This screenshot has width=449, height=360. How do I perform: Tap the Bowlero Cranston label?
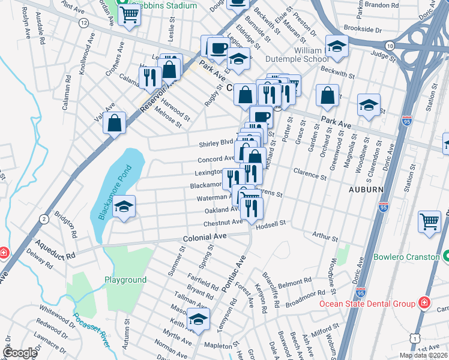click(406, 257)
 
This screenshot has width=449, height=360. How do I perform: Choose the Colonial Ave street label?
click(205, 237)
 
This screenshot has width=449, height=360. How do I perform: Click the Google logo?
click(20, 353)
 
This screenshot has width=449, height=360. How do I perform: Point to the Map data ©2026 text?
click(423, 355)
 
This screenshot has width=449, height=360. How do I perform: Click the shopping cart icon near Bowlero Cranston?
click(430, 222)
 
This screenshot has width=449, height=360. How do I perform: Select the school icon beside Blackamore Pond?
click(124, 208)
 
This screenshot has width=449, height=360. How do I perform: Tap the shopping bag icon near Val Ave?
click(114, 123)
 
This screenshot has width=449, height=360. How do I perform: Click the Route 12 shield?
click(83, 22)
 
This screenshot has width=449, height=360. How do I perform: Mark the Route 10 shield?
click(390, 46)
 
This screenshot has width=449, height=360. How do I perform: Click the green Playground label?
click(125, 280)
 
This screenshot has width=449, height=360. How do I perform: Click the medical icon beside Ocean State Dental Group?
click(425, 302)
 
